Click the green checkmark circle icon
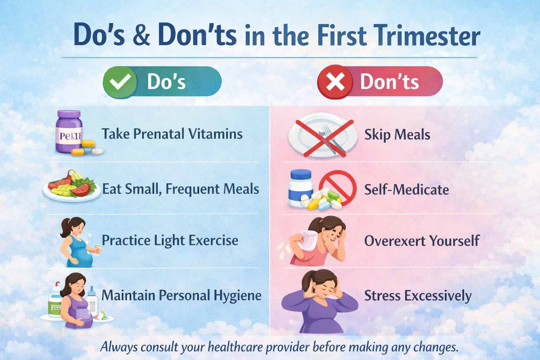[x=120, y=82]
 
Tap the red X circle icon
[x=335, y=82]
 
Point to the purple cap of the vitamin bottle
[x=69, y=114]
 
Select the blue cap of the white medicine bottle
[x=301, y=174]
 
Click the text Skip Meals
[x=397, y=135]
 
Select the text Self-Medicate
[x=406, y=189]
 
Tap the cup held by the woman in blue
[x=98, y=249]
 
